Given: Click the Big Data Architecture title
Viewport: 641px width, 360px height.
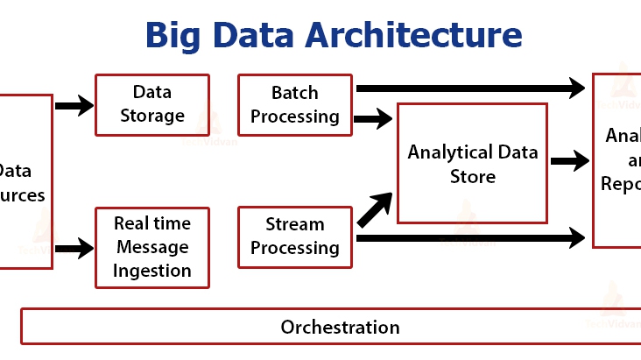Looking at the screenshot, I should pyautogui.click(x=334, y=36).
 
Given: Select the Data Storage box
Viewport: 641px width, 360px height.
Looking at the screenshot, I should pyautogui.click(x=151, y=105).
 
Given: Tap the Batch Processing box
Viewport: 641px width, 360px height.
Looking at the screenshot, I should pyautogui.click(x=295, y=105).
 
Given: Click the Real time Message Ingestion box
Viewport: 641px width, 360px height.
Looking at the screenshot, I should pyautogui.click(x=151, y=248).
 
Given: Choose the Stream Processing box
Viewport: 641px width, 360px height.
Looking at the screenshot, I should pyautogui.click(x=295, y=236).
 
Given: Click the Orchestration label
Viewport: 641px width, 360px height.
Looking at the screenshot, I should pyautogui.click(x=340, y=328).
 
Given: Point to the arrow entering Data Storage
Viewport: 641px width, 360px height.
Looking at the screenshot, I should pyautogui.click(x=74, y=106).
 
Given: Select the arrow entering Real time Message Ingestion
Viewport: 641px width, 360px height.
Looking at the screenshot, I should pyautogui.click(x=74, y=248).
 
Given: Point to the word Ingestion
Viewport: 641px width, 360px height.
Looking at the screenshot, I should pyautogui.click(x=151, y=271).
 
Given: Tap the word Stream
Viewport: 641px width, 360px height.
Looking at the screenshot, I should pyautogui.click(x=295, y=225).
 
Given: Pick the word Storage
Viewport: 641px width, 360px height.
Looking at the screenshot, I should pyautogui.click(x=151, y=116).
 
